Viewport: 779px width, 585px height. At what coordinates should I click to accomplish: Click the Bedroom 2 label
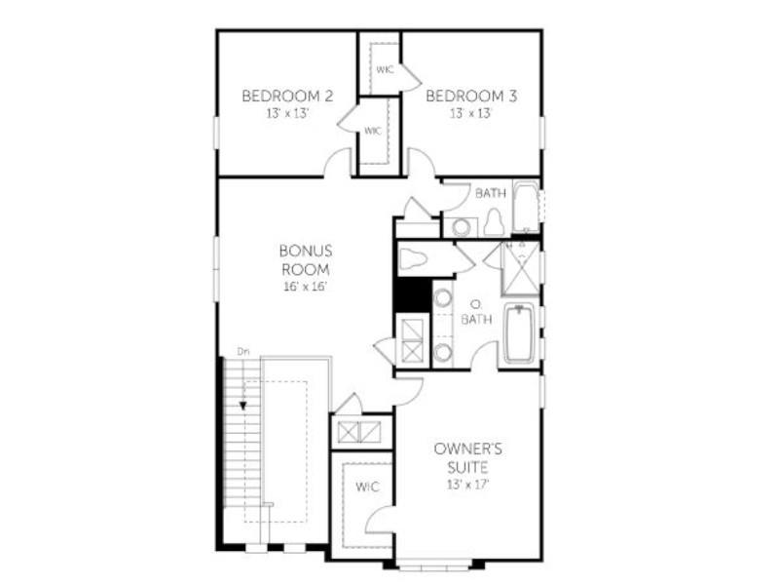click(287, 96)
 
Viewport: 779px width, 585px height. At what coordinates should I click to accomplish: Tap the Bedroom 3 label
click(471, 96)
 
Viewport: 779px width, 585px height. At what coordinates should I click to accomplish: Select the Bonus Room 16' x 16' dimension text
click(305, 287)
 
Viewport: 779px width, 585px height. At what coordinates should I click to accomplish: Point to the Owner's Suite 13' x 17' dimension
click(468, 484)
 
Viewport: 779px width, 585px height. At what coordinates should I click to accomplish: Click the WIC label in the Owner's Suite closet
click(367, 487)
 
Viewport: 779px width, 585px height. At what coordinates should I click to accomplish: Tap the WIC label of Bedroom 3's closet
click(385, 69)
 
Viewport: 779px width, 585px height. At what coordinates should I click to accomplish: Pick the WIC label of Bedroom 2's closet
click(373, 131)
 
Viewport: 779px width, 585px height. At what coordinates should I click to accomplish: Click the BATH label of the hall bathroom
click(491, 193)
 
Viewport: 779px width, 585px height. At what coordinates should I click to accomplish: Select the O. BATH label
click(476, 312)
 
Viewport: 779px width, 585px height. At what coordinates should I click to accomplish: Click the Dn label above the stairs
click(242, 351)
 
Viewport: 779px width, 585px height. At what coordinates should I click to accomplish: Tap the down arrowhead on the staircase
click(242, 406)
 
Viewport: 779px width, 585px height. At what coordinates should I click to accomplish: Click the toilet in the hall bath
click(495, 222)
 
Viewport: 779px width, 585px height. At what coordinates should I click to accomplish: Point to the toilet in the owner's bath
click(413, 258)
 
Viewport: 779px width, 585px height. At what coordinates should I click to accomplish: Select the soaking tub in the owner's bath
click(519, 333)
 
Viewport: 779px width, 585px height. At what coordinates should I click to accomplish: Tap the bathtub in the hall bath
click(526, 207)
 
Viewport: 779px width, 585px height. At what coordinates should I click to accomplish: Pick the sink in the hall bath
click(461, 228)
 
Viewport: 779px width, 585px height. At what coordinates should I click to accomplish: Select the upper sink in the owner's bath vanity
click(442, 298)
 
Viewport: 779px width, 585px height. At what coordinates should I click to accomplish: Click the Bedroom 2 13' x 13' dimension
click(287, 113)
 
